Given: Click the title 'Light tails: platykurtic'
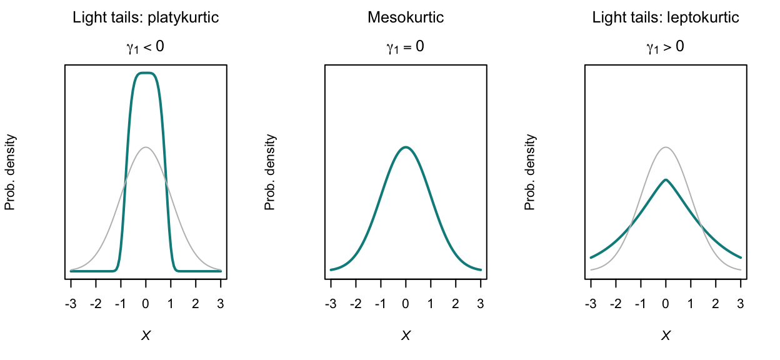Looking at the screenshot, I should click(x=146, y=17).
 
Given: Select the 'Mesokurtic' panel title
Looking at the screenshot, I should click(x=406, y=17).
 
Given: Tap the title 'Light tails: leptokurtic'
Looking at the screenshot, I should click(x=666, y=17).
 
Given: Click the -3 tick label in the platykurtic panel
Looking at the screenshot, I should click(x=71, y=304).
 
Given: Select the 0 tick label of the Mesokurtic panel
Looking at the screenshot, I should click(x=406, y=304).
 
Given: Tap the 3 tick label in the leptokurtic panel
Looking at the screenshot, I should click(x=741, y=304).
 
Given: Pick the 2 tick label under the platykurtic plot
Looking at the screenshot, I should click(x=196, y=304).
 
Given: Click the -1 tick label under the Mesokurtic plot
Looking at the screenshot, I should click(x=380, y=304).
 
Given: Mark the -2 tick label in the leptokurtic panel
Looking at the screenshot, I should click(x=615, y=304).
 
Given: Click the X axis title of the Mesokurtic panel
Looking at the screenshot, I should click(x=406, y=336).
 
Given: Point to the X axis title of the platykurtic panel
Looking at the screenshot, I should click(x=146, y=336).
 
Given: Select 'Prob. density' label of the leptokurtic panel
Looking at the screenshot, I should click(x=531, y=172).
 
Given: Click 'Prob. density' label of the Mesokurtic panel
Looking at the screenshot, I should click(x=271, y=172).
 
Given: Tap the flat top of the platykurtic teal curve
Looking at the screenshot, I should click(x=146, y=73).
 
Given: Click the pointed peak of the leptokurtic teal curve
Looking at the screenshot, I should click(x=666, y=180).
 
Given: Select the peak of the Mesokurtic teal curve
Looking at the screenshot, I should click(x=406, y=147).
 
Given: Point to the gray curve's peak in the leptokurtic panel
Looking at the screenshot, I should click(x=666, y=147).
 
